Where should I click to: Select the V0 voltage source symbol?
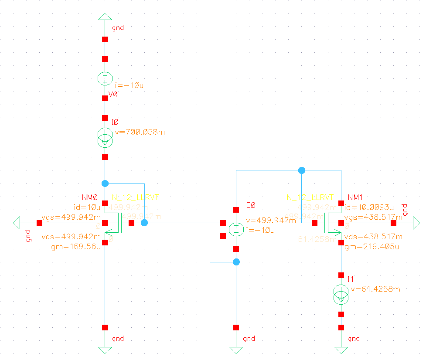(105, 79)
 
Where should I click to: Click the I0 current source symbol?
(105, 137)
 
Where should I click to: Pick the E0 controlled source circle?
(236, 229)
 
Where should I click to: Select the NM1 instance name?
(355, 197)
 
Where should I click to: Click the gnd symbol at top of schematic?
(105, 17)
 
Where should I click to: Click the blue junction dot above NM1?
(301, 170)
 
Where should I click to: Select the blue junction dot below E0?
(236, 262)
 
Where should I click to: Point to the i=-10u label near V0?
(129, 85)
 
